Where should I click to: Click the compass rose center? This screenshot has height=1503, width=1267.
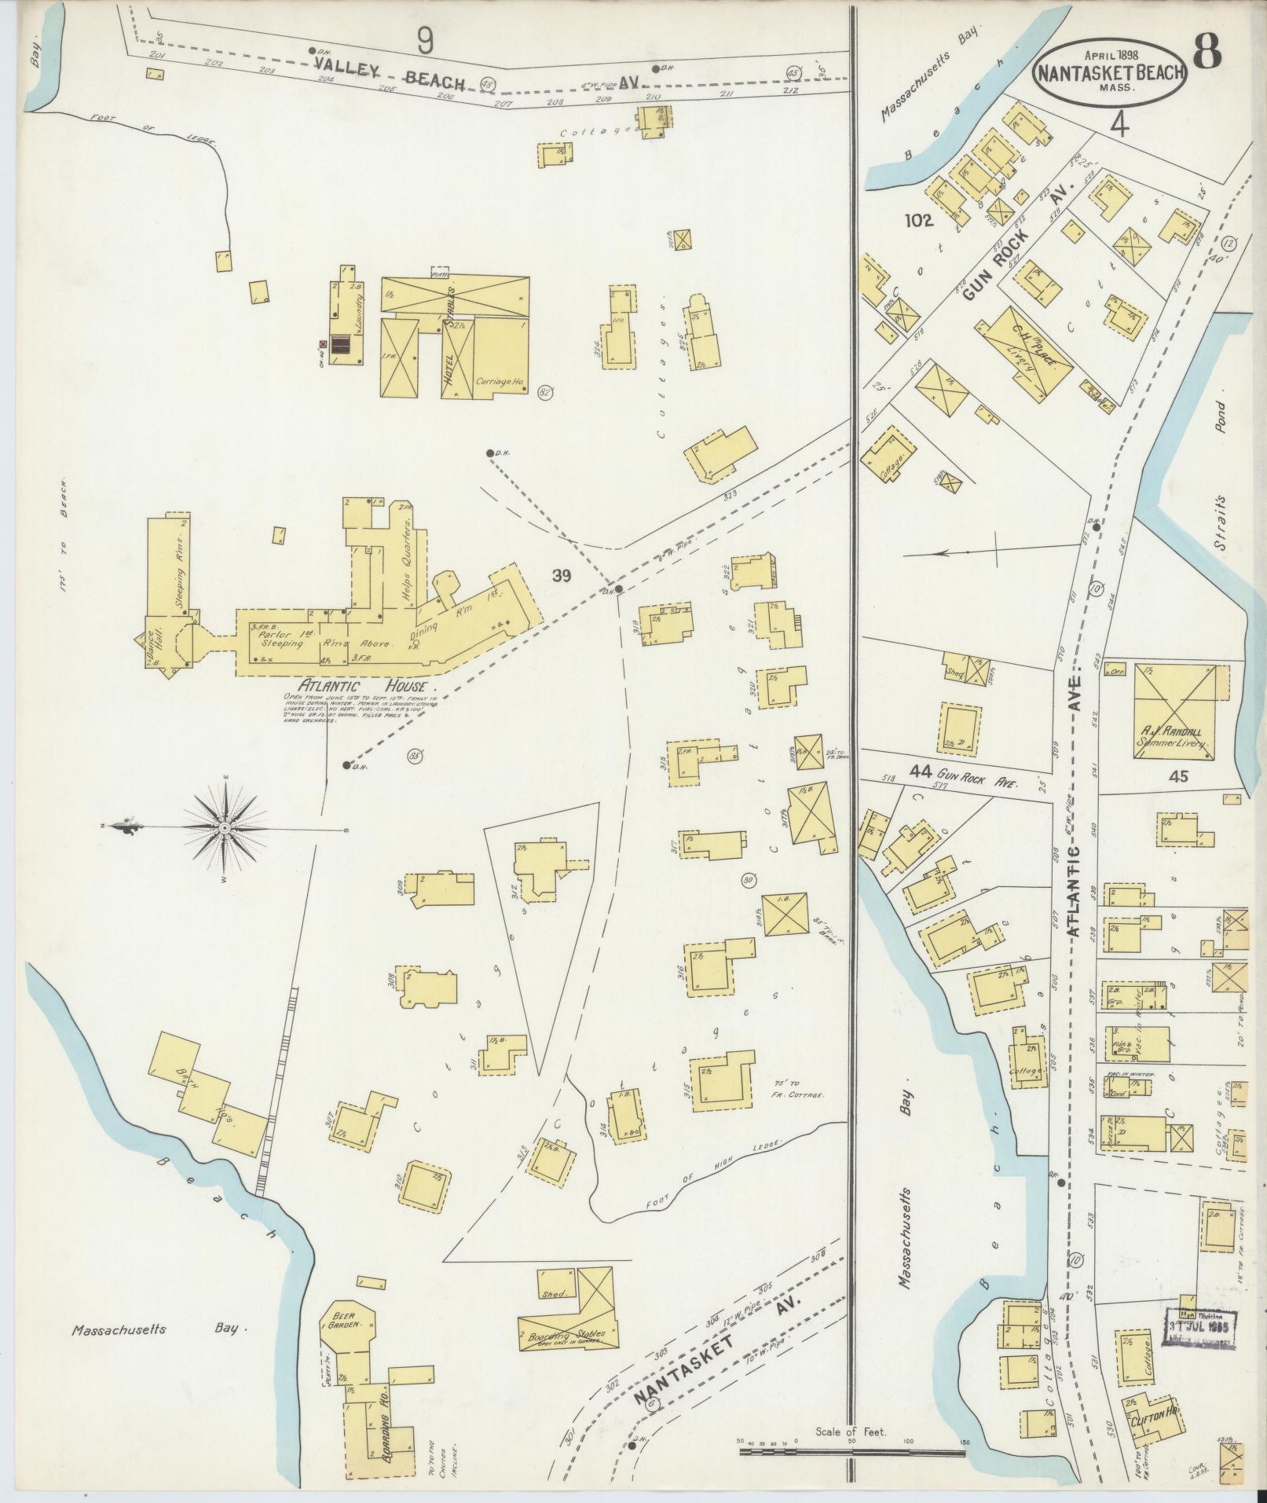click(x=225, y=828)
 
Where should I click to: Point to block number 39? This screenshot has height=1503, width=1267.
click(x=561, y=577)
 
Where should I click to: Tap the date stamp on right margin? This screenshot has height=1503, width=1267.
click(x=1201, y=1329)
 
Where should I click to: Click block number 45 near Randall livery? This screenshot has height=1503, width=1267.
click(x=1179, y=777)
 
